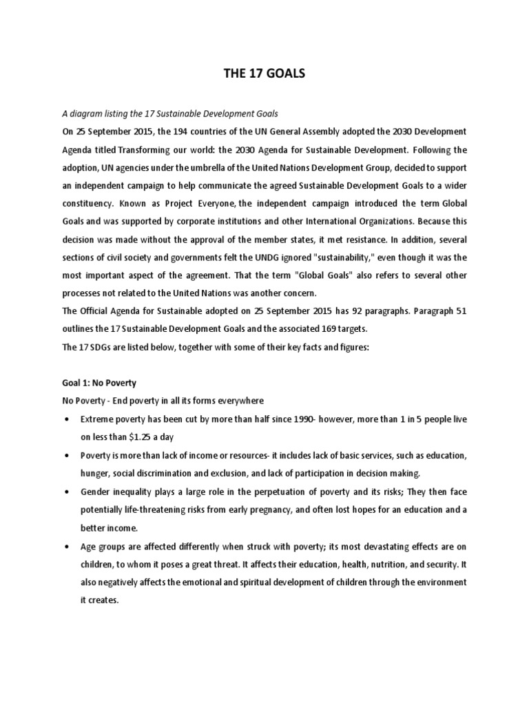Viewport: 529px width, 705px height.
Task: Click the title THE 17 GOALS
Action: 264,74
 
